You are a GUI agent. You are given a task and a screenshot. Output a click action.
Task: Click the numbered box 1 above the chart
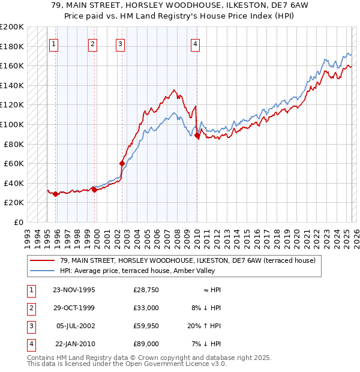54,43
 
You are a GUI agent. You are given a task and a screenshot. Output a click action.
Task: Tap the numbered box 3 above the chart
120,43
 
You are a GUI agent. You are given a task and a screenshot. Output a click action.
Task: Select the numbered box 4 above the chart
196,43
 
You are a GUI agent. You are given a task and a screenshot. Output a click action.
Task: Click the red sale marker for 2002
122,163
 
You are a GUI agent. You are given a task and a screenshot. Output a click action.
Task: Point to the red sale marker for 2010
197,136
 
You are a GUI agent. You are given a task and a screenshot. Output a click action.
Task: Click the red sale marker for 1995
56,194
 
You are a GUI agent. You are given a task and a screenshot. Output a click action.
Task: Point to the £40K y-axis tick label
14,183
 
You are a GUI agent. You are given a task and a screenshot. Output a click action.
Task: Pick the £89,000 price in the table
146,344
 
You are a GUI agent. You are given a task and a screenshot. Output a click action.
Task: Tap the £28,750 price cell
146,290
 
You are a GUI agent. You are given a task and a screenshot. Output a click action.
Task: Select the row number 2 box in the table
30,308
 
